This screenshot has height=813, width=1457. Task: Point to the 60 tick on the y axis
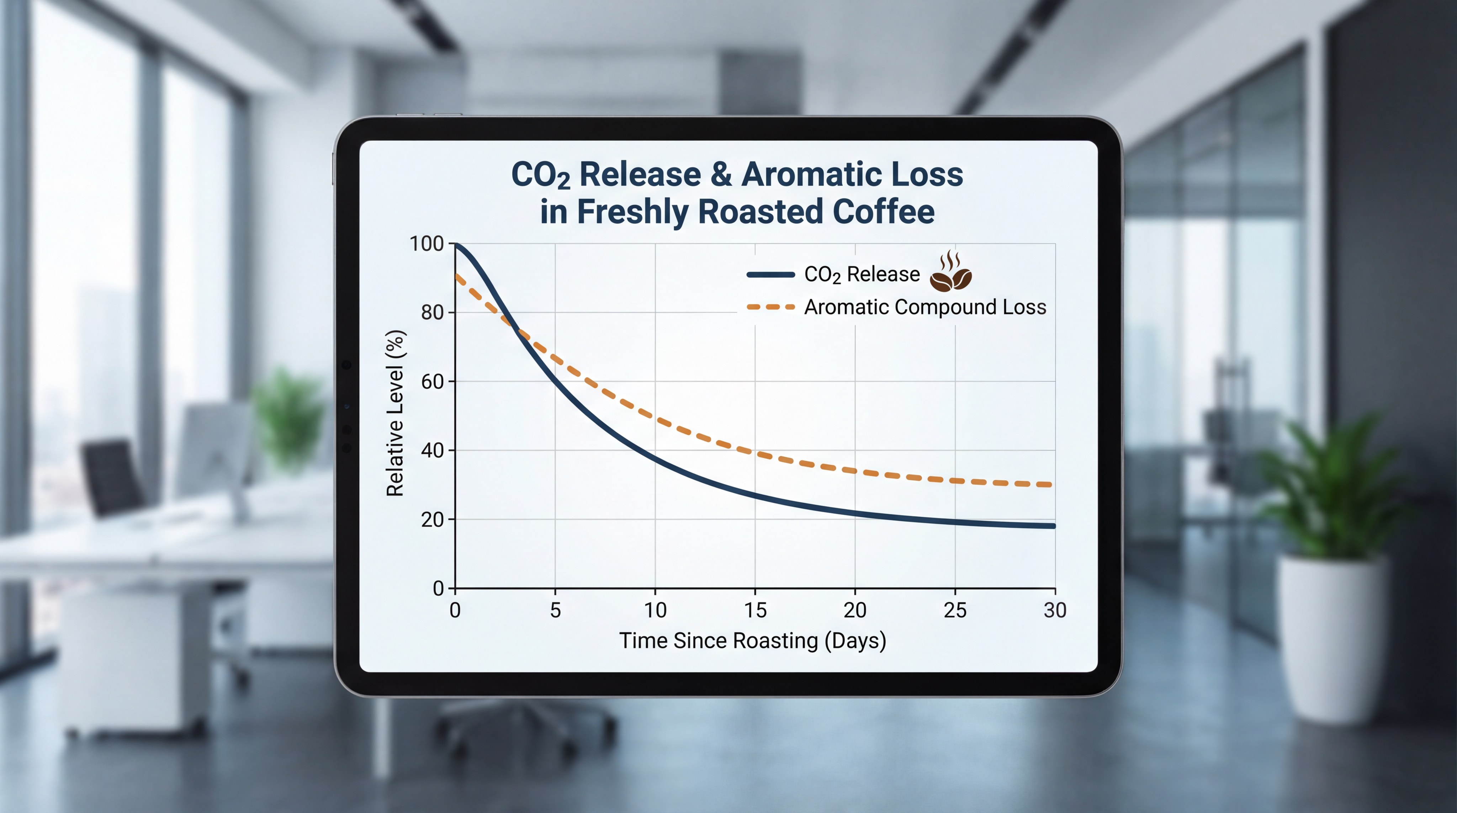432,382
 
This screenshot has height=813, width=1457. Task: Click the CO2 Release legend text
862,275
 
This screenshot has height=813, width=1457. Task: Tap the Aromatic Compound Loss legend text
925,307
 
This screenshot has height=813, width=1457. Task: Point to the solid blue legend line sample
770,275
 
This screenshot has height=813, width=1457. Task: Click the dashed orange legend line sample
770,307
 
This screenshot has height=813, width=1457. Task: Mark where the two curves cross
515,327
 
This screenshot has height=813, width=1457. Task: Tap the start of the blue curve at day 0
456,245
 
